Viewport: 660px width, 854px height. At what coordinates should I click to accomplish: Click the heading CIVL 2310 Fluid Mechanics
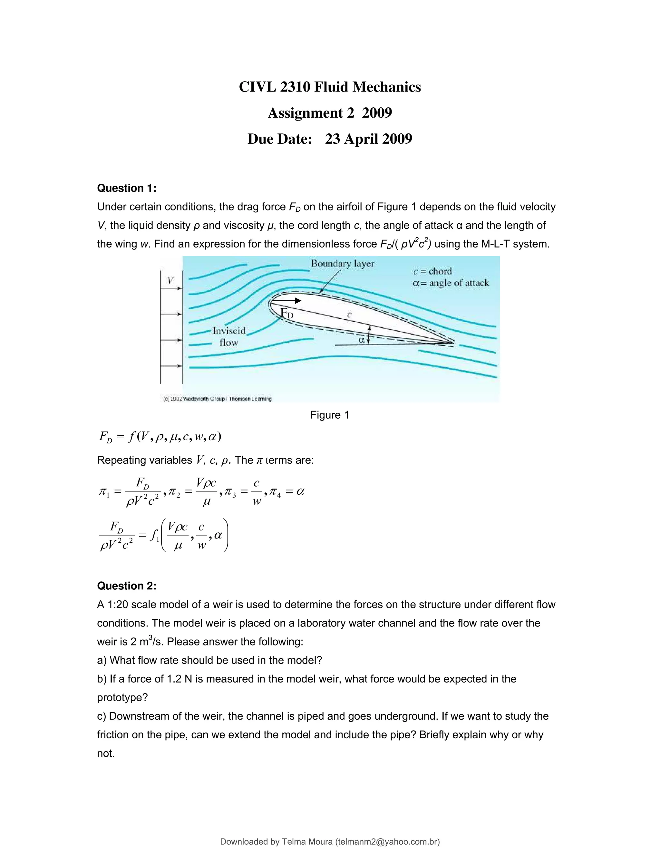330,87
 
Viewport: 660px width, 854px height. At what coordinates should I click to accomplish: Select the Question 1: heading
126,188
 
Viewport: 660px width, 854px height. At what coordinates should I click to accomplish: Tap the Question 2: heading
126,586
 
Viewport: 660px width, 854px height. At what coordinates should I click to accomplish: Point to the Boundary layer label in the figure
343,264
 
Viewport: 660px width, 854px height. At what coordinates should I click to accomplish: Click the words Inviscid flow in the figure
229,336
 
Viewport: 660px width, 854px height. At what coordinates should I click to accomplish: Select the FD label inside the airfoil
287,313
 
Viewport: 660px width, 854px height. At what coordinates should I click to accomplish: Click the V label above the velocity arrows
170,280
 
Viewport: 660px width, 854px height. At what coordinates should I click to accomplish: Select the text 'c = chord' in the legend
432,271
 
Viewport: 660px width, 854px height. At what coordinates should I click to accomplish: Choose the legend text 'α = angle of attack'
451,283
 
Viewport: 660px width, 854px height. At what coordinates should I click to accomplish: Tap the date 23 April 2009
368,139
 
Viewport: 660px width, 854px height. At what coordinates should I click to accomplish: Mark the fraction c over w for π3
257,492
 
